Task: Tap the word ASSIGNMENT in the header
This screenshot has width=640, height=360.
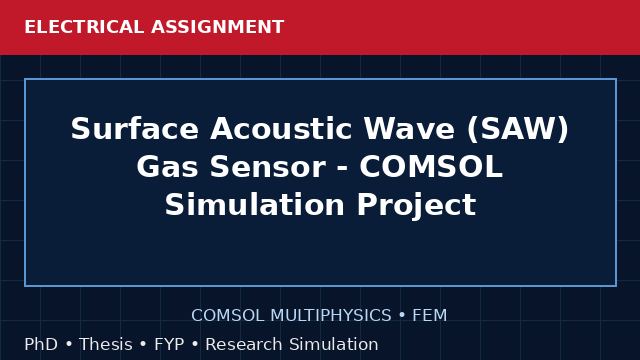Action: click(218, 27)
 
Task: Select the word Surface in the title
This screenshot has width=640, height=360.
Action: click(135, 129)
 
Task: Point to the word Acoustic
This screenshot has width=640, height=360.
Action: click(281, 129)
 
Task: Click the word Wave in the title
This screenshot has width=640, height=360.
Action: click(409, 129)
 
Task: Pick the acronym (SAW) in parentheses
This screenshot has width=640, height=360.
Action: click(518, 129)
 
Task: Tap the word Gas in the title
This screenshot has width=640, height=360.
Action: click(167, 167)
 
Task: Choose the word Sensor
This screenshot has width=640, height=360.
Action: click(268, 167)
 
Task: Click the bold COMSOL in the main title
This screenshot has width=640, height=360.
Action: click(431, 167)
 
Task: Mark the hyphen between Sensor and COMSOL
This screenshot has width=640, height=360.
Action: click(342, 169)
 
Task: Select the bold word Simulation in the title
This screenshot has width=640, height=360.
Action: click(255, 204)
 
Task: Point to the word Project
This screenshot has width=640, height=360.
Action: click(416, 205)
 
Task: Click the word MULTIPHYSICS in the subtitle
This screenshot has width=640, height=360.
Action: click(331, 316)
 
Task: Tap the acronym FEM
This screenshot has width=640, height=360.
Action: click(429, 316)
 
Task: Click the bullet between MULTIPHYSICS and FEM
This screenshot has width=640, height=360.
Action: click(402, 316)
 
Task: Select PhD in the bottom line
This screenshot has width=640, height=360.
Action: click(41, 344)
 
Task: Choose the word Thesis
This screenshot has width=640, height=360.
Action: click(106, 344)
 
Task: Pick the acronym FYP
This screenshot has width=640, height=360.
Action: click(169, 344)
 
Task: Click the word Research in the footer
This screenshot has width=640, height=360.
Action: click(243, 344)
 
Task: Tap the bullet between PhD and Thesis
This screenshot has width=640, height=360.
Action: click(69, 344)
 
